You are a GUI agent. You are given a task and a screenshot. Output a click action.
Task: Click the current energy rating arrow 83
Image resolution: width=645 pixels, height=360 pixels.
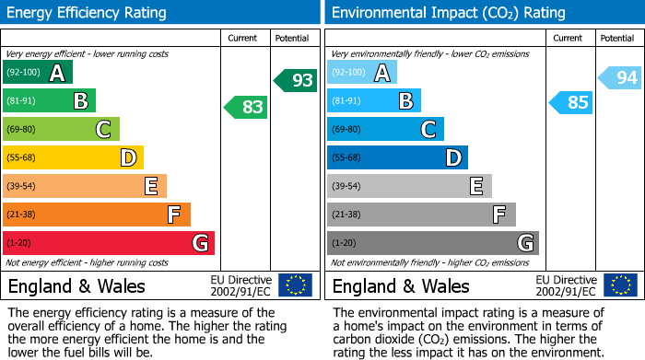click(246, 108)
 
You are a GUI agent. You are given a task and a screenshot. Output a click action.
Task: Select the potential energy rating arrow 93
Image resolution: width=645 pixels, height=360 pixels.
click(296, 80)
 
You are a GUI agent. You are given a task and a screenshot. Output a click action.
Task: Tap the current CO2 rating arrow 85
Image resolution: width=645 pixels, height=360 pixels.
click(570, 102)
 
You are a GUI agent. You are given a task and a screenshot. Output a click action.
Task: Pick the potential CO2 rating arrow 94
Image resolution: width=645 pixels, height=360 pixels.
click(620, 78)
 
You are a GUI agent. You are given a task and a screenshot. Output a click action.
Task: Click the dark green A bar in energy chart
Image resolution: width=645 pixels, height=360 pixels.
click(37, 73)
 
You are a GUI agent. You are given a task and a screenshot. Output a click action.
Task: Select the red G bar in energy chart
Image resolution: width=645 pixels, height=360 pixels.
click(108, 243)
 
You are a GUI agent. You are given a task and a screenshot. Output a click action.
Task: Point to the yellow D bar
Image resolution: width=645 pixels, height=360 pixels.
click(73, 158)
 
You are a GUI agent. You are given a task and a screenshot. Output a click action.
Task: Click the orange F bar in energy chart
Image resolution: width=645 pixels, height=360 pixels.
click(96, 215)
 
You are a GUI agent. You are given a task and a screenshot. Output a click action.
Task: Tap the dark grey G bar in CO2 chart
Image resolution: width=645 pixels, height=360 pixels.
click(432, 243)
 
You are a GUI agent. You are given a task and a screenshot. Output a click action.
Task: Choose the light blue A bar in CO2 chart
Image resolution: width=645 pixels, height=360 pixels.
click(362, 73)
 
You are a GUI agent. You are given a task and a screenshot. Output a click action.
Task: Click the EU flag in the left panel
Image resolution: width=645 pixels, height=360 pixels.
click(295, 285)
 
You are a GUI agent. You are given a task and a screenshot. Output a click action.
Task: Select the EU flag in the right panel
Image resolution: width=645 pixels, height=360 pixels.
click(620, 285)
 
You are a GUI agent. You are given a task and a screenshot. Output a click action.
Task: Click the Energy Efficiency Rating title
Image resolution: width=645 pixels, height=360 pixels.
click(87, 13)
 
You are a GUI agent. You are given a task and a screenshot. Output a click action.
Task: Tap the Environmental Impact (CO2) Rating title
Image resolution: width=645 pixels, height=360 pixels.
click(448, 13)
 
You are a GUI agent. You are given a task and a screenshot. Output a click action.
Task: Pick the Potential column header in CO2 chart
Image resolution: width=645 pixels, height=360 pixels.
click(616, 38)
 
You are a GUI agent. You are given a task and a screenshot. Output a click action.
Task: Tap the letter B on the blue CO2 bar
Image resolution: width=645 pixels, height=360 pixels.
click(405, 101)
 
